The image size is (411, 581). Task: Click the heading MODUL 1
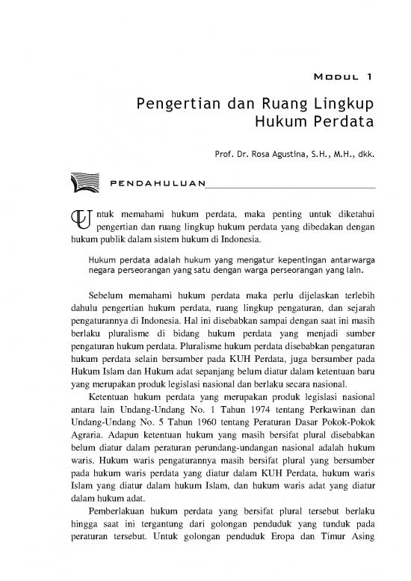(342, 76)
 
